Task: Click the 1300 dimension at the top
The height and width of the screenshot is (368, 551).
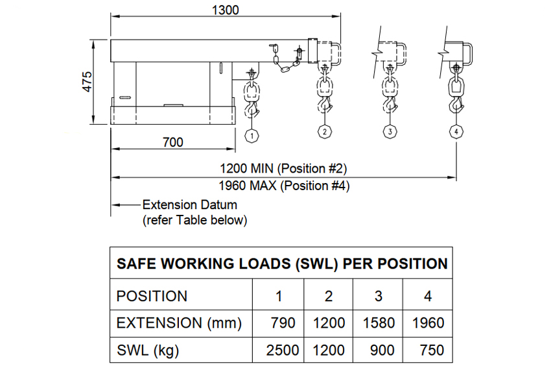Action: pyautogui.click(x=226, y=10)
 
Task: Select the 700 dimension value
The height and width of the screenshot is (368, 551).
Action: pyautogui.click(x=172, y=142)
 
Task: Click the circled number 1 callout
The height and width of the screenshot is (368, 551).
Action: pyautogui.click(x=251, y=135)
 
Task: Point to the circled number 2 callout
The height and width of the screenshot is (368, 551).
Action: pyautogui.click(x=324, y=131)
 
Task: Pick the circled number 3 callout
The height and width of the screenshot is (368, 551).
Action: pyautogui.click(x=390, y=131)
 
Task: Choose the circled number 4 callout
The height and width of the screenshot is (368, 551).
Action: pyautogui.click(x=456, y=131)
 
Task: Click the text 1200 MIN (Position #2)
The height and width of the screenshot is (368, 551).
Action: pyautogui.click(x=284, y=169)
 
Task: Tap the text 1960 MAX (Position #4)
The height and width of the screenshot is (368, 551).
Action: pyautogui.click(x=284, y=186)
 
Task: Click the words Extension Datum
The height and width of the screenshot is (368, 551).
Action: pyautogui.click(x=189, y=204)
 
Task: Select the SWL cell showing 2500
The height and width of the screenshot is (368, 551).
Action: pyautogui.click(x=283, y=350)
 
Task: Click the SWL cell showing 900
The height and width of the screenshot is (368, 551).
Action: pyautogui.click(x=382, y=350)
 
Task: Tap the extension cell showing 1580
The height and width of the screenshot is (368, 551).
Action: pyautogui.click(x=378, y=323)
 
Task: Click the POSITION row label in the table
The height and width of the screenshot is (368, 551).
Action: pyautogui.click(x=152, y=296)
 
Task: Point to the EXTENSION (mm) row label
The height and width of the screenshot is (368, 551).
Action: pyautogui.click(x=179, y=323)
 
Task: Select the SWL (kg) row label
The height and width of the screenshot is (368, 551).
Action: pyautogui.click(x=147, y=350)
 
